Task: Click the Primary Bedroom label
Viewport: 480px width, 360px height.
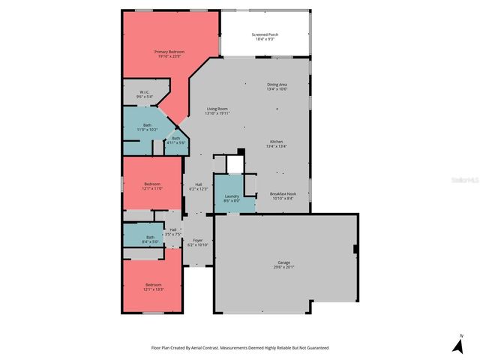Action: pyautogui.click(x=169, y=52)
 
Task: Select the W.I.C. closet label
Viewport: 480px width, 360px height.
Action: pyautogui.click(x=144, y=93)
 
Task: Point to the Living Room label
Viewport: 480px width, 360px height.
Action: pyautogui.click(x=218, y=109)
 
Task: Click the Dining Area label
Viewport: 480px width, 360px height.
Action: pyautogui.click(x=277, y=85)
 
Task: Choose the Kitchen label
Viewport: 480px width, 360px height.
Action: pyautogui.click(x=276, y=142)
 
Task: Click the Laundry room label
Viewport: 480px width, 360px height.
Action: pyautogui.click(x=232, y=196)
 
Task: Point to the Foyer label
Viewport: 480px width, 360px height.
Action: pyautogui.click(x=198, y=240)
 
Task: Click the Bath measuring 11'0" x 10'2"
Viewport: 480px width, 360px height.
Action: pyautogui.click(x=147, y=125)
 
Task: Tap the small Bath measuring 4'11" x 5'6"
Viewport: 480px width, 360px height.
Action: pyautogui.click(x=176, y=138)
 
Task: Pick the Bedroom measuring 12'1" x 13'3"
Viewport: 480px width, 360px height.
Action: pyautogui.click(x=154, y=285)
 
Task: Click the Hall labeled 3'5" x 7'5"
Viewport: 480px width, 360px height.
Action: pyautogui.click(x=173, y=230)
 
